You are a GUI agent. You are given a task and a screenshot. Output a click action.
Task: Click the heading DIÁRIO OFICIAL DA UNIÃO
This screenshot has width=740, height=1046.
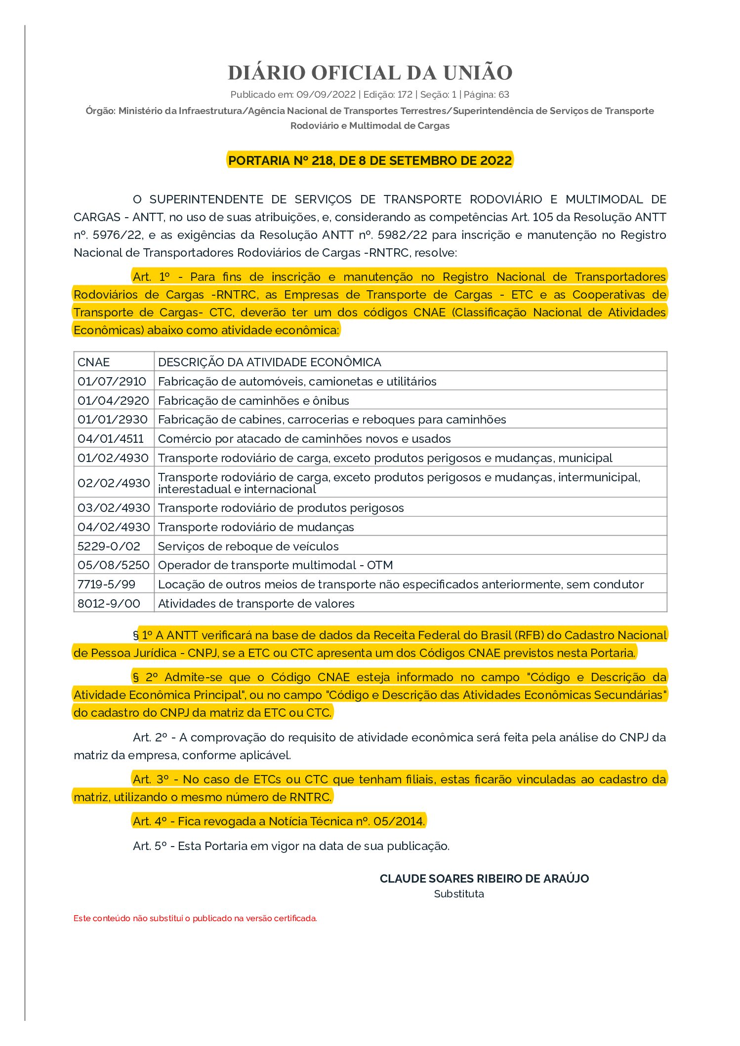point(370,73)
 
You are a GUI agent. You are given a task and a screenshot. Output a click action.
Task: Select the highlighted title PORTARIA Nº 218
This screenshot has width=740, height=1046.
point(370,160)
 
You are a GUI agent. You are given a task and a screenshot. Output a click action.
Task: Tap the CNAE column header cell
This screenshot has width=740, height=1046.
point(94,362)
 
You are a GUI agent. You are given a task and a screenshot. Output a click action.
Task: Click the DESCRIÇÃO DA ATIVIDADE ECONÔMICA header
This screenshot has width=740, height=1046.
point(269,362)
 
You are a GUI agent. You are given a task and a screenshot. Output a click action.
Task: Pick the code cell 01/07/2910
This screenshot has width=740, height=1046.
point(112,381)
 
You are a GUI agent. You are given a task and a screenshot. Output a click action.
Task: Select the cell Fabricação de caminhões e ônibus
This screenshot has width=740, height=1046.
point(253,400)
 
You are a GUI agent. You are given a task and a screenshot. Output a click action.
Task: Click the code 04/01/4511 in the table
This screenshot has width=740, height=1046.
point(111,438)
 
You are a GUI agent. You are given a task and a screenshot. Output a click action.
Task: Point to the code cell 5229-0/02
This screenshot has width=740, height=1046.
point(109,546)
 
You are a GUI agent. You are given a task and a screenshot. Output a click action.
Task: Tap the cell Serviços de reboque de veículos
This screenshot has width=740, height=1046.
point(248,546)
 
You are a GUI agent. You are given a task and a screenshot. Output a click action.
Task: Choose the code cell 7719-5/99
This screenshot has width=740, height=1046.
point(106,584)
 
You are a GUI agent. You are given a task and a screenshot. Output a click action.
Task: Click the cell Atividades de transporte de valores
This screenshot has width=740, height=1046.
point(256,603)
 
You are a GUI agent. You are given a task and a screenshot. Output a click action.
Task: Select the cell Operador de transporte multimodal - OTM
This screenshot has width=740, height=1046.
point(275,565)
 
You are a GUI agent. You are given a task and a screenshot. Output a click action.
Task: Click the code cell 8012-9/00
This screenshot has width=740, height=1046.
point(109,603)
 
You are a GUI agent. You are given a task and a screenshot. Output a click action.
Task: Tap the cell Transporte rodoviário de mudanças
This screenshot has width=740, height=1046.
point(256,527)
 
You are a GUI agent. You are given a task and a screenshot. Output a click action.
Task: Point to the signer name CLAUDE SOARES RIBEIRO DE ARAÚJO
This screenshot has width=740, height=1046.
point(484,878)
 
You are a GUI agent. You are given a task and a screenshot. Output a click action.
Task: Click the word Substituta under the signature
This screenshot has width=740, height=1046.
point(459,893)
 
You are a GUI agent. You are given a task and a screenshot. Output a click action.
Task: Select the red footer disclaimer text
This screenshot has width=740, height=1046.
point(195,918)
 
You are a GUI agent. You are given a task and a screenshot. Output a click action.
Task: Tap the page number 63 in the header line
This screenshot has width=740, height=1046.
point(503,94)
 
